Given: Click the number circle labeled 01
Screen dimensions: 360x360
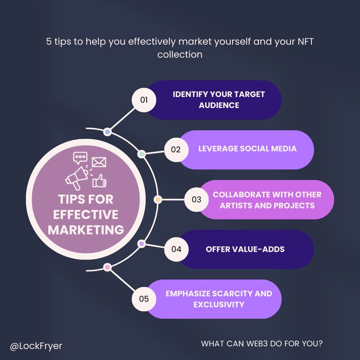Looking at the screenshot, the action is [x=143, y=100].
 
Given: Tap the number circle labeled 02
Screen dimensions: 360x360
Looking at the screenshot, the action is [x=176, y=149].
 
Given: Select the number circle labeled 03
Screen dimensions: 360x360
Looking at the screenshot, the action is [x=196, y=200].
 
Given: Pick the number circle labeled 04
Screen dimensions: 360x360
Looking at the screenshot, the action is [x=176, y=249].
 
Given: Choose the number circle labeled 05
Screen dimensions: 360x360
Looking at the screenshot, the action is [x=144, y=299].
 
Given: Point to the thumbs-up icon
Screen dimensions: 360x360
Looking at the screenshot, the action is [x=100, y=181].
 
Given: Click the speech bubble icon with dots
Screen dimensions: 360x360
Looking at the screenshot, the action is [x=80, y=158].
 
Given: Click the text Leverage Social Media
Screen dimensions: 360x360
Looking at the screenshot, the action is [x=247, y=149].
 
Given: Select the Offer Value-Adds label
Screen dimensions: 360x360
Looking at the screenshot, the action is [x=245, y=249].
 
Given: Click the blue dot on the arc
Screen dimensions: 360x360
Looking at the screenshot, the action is [x=107, y=131].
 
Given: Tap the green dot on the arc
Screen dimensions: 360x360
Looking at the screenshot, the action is [x=141, y=154].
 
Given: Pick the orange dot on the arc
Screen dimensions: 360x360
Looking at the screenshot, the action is [x=158, y=200].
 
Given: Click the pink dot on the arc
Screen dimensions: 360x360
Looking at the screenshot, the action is [x=107, y=268].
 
